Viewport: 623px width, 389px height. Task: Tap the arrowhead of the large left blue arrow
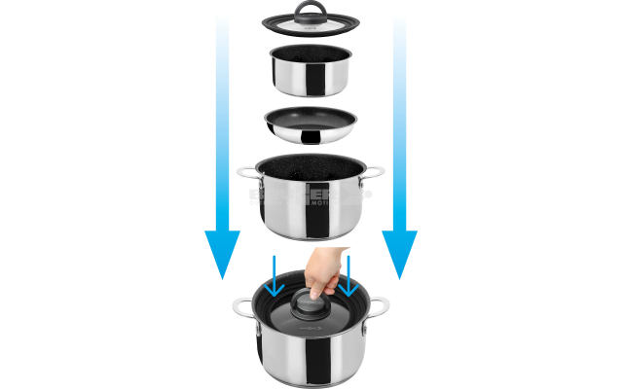222,255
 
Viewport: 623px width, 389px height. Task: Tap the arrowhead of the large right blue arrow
399,255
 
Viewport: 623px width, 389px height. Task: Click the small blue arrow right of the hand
348,276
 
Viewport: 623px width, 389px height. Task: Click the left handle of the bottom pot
242,308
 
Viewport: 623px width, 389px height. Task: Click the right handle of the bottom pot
380,306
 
